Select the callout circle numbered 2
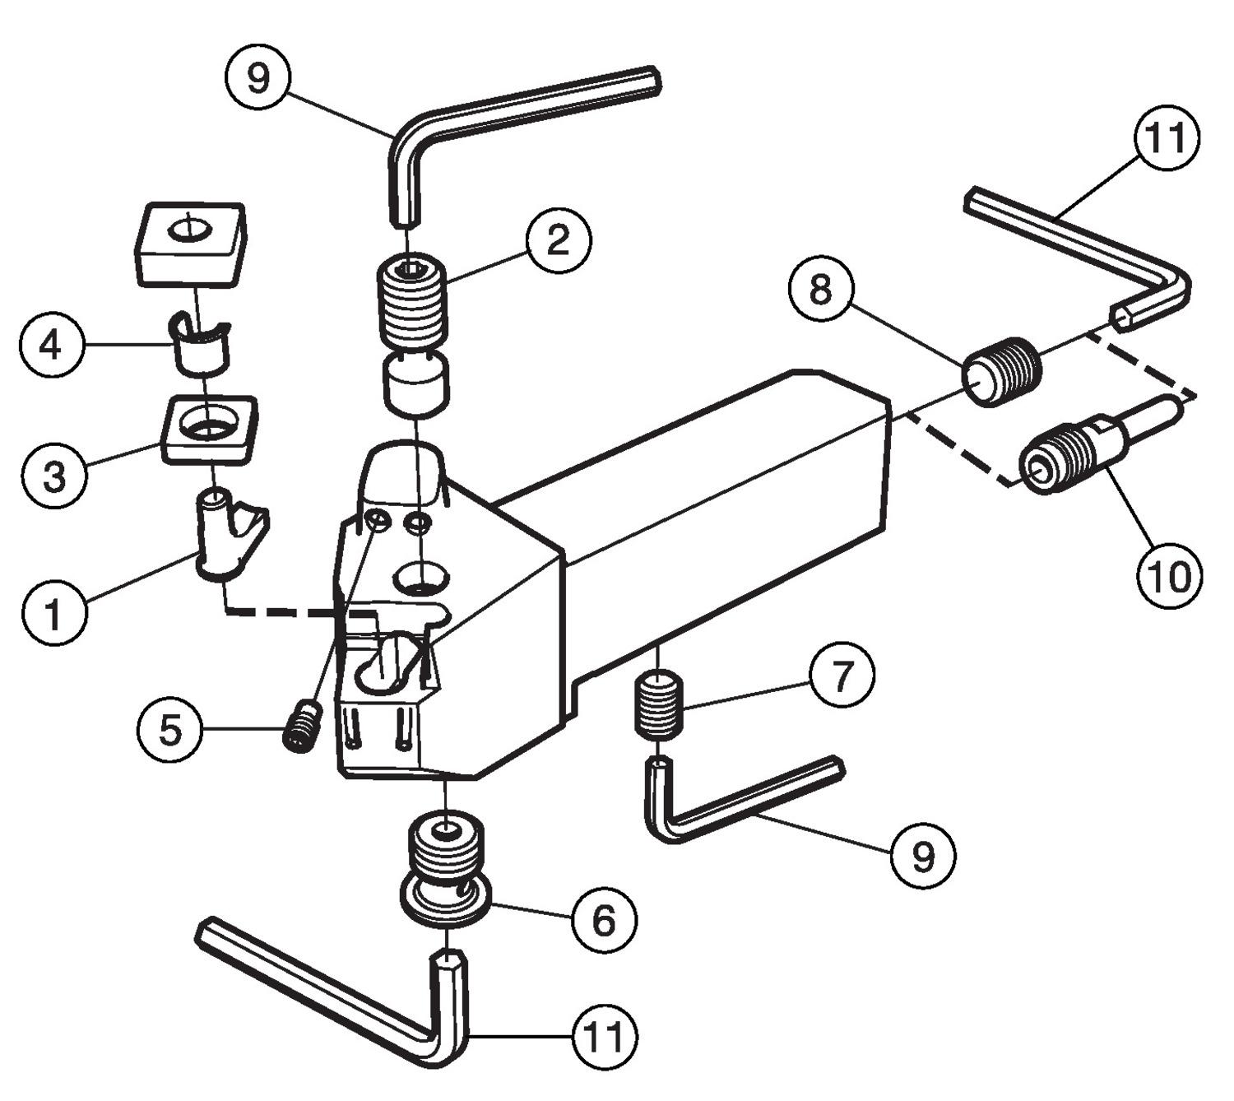pyautogui.click(x=558, y=239)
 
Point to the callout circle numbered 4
pyautogui.click(x=50, y=346)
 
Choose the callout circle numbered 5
pyautogui.click(x=170, y=729)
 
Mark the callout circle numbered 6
pyautogui.click(x=604, y=921)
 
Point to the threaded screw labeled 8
pyautogui.click(x=1001, y=372)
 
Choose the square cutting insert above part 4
pyautogui.click(x=189, y=244)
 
